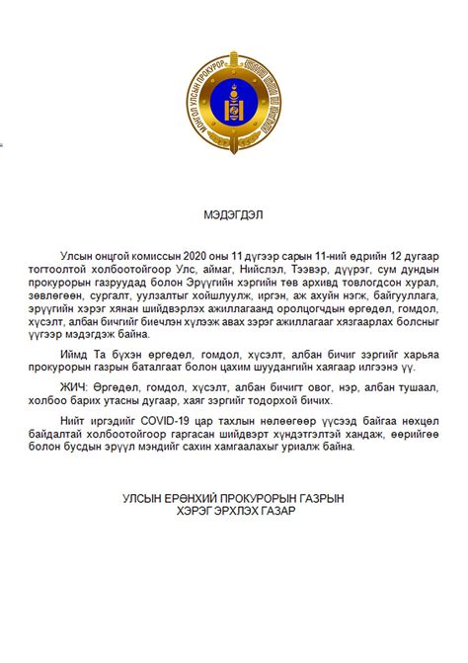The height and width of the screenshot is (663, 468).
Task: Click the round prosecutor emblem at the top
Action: pyautogui.click(x=234, y=103)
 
